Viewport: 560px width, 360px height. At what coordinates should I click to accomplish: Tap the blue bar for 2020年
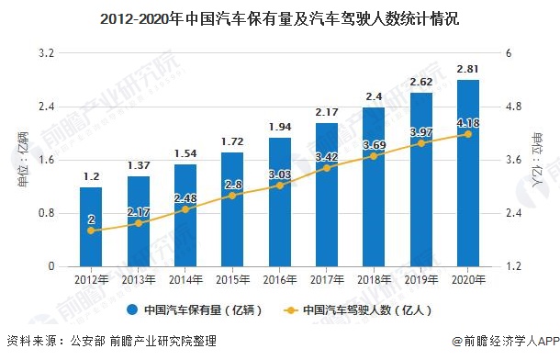(468, 173)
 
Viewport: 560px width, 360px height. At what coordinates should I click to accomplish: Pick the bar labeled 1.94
(279, 202)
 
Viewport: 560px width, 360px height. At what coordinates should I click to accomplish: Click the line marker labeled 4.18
(468, 134)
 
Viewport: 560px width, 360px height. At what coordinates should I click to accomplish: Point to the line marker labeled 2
(91, 231)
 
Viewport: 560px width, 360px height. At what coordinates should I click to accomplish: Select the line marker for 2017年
(327, 167)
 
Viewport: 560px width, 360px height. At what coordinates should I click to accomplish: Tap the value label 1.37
(138, 164)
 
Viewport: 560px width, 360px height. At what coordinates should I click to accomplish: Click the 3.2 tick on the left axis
(43, 53)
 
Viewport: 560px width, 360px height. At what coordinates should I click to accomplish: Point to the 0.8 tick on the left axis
(43, 213)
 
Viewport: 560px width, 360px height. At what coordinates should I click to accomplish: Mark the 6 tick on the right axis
(510, 53)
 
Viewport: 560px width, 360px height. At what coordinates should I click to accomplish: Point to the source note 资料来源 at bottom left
(110, 343)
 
